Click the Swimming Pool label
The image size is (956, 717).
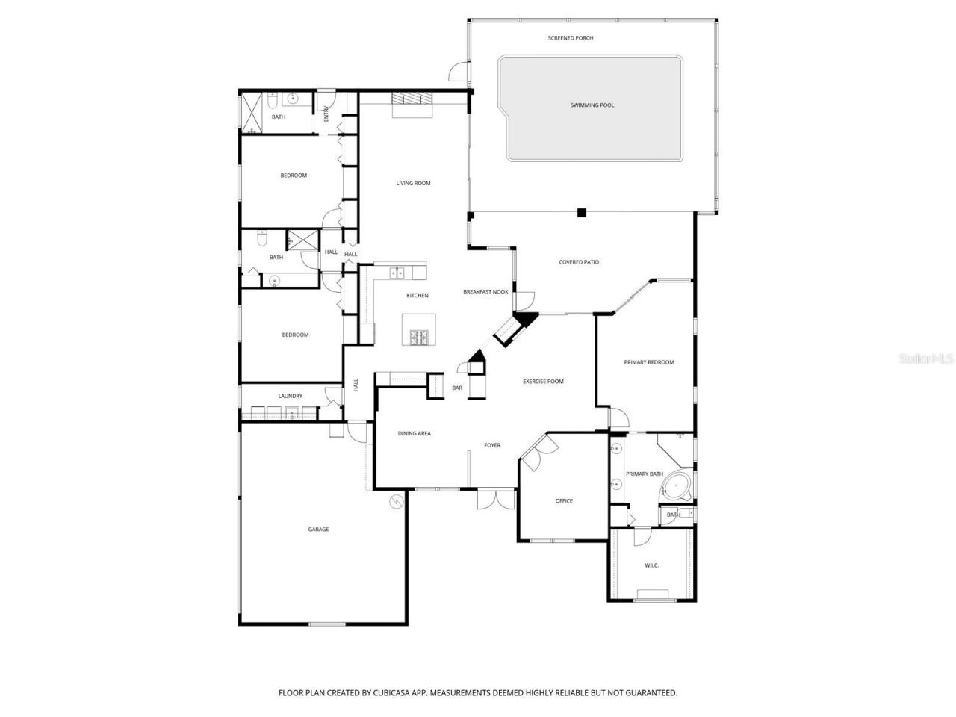(592, 105)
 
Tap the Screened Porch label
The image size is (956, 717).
(571, 38)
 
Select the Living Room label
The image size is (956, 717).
(413, 183)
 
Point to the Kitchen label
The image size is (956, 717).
(418, 295)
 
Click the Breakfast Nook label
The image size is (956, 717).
(485, 292)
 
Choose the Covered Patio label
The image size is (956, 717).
(579, 262)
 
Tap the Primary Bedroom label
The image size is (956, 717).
(649, 362)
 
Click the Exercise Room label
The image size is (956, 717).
(543, 382)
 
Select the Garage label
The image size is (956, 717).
(318, 530)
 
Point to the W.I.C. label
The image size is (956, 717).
(651, 565)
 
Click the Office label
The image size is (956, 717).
(564, 501)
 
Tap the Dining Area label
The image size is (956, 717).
(414, 433)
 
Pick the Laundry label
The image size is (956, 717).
(290, 396)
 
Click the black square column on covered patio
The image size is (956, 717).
(582, 212)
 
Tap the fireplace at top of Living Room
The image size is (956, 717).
(412, 99)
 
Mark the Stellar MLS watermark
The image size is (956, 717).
(926, 359)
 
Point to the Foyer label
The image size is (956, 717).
(492, 445)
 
